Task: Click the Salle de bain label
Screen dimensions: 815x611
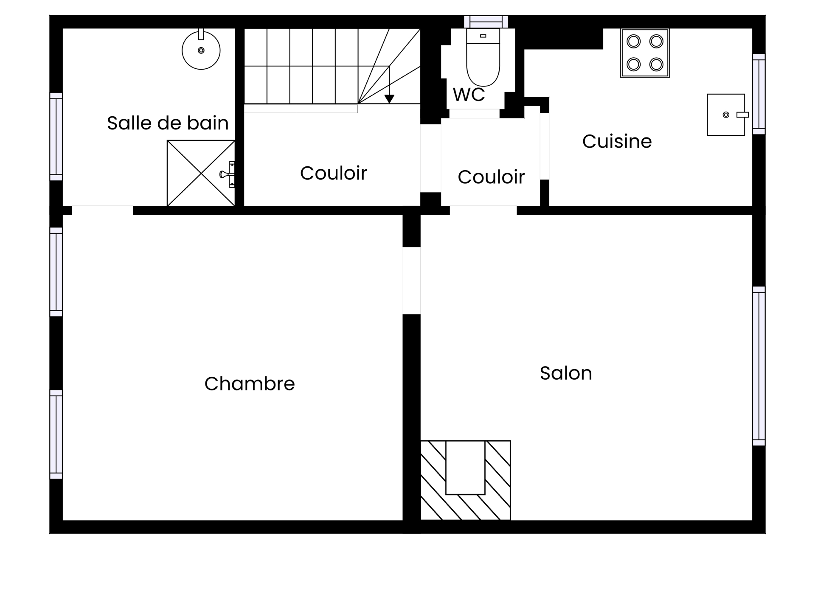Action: (x=168, y=123)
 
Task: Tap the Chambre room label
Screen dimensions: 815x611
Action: (x=250, y=384)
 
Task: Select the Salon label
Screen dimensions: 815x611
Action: (x=566, y=373)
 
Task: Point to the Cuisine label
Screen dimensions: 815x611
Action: (x=617, y=141)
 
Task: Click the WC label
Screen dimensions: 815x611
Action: (x=469, y=95)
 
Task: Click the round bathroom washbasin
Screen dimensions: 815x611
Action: (x=201, y=50)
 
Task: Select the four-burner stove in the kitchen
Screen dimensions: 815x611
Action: (x=645, y=53)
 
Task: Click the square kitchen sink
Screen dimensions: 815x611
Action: (x=726, y=115)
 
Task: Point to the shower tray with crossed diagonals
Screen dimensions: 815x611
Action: (x=201, y=173)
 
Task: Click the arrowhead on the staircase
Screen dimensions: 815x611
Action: (x=389, y=99)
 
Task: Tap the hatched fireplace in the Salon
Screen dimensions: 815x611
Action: (x=466, y=480)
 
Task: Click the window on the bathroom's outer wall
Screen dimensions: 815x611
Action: (x=56, y=137)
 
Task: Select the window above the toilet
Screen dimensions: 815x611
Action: (x=486, y=22)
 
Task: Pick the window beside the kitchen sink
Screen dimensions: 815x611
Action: (x=759, y=94)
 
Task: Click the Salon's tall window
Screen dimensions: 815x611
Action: (x=759, y=366)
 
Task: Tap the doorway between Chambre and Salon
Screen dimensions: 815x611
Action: (x=411, y=280)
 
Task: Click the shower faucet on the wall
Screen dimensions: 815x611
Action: (x=228, y=174)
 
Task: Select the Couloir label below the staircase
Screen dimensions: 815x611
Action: (x=334, y=173)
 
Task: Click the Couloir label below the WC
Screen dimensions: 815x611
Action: (x=491, y=177)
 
